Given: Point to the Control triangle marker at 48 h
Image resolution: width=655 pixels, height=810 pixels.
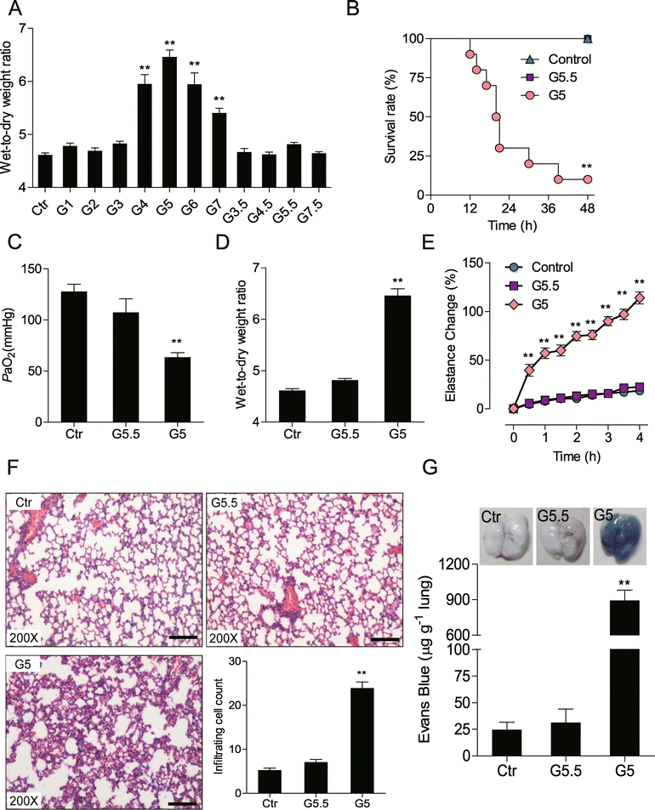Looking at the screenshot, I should (587, 38).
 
